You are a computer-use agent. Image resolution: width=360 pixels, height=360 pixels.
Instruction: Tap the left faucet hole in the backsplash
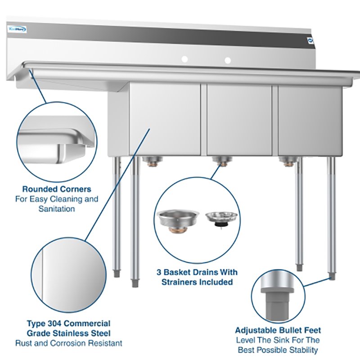click(x=184, y=59)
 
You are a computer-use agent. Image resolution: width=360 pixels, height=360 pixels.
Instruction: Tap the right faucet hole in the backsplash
click(x=228, y=60)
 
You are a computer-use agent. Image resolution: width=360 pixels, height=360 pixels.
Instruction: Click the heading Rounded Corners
click(x=57, y=189)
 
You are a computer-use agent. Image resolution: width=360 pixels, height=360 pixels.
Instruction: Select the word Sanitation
click(x=57, y=209)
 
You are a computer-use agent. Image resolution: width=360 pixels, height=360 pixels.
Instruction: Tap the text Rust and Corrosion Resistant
click(x=68, y=343)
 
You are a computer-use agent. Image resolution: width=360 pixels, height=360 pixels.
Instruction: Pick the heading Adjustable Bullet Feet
click(x=278, y=330)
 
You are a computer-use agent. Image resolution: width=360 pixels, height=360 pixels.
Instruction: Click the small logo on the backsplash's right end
click(x=309, y=40)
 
